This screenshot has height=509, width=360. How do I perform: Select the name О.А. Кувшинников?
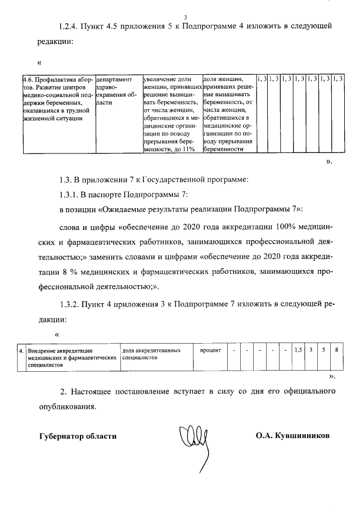[292, 436]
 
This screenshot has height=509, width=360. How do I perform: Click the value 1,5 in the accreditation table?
[298, 350]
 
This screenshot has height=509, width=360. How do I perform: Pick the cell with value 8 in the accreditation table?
[336, 350]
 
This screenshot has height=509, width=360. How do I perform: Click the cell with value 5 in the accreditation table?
[323, 350]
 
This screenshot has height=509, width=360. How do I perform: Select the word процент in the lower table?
[210, 350]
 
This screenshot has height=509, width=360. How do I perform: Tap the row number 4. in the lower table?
[21, 350]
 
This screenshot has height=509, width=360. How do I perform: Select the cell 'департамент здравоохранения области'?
[117, 91]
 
